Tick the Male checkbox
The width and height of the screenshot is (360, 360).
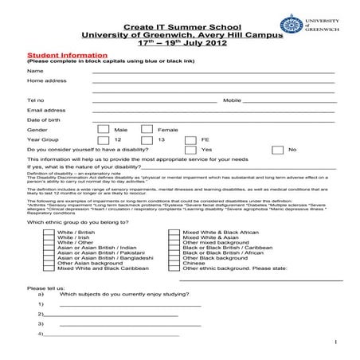tap(103, 129)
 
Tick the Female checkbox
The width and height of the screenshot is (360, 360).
tap(146, 129)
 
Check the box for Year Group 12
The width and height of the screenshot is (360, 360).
tap(103, 139)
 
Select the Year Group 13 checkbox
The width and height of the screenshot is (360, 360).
tap(146, 139)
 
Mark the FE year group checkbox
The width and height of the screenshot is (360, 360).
tap(190, 139)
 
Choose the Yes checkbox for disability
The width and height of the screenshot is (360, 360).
tap(190, 149)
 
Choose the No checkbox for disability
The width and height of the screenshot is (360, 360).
tap(276, 149)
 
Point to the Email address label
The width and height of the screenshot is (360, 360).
tap(46, 110)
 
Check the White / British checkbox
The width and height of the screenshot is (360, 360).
tap(49, 232)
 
